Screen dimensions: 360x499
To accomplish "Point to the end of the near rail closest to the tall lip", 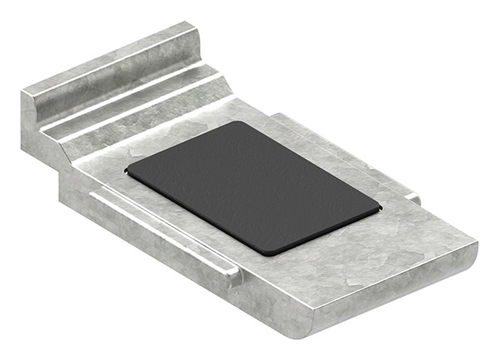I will (94, 194).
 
